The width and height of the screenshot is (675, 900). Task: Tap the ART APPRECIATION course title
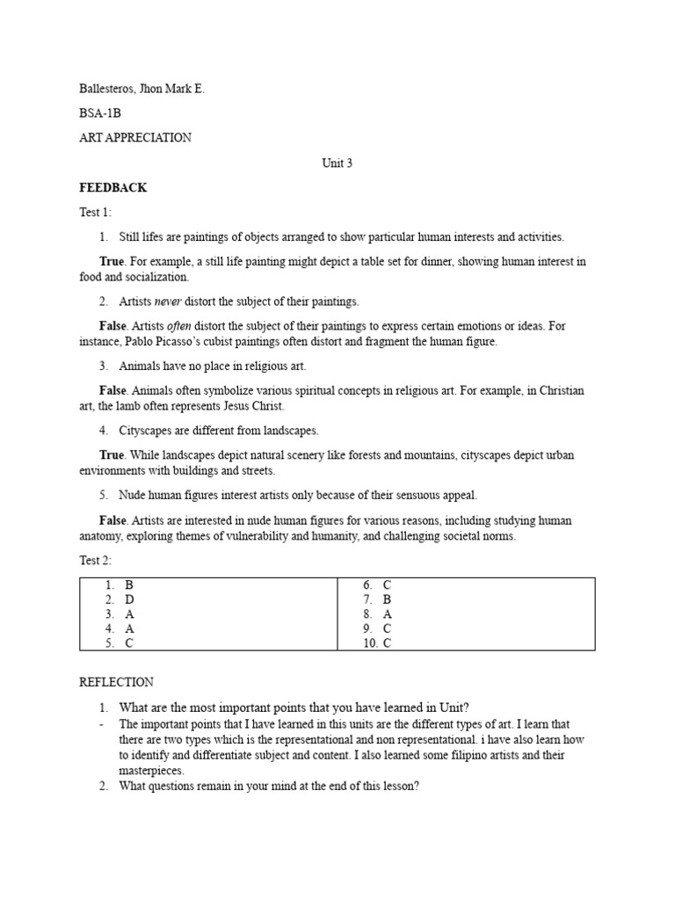click(x=134, y=138)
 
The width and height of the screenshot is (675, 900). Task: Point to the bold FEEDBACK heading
click(x=112, y=188)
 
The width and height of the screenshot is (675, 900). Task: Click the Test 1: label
click(x=95, y=213)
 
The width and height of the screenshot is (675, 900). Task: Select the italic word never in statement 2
click(x=170, y=301)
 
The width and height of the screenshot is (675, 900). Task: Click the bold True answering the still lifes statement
click(x=112, y=262)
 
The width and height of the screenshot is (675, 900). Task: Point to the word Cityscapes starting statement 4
click(x=147, y=431)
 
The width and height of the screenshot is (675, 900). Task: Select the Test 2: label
click(x=95, y=561)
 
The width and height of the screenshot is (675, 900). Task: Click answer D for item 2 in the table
click(x=129, y=599)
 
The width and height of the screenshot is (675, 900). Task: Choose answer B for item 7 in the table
click(x=387, y=599)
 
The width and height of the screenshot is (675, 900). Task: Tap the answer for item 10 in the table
click(x=387, y=642)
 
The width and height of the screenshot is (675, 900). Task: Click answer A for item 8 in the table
click(x=387, y=614)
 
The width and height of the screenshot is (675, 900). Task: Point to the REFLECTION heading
click(x=116, y=682)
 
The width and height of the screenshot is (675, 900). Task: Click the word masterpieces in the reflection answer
click(x=150, y=771)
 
